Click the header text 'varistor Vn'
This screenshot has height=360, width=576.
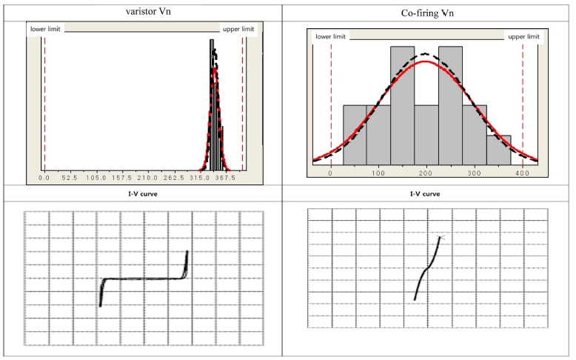(x=144, y=10)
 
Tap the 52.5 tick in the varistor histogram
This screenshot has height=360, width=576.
(x=70, y=178)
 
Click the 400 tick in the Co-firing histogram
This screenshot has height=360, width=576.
(x=523, y=173)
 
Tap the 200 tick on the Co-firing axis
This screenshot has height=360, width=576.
(x=426, y=173)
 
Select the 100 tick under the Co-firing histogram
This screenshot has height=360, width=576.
(x=378, y=173)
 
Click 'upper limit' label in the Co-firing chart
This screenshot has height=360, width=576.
(x=522, y=36)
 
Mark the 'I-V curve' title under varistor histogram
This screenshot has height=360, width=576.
(x=143, y=195)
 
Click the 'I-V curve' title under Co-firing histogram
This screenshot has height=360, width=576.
(x=426, y=195)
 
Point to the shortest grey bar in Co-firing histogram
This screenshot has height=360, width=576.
(x=498, y=148)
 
